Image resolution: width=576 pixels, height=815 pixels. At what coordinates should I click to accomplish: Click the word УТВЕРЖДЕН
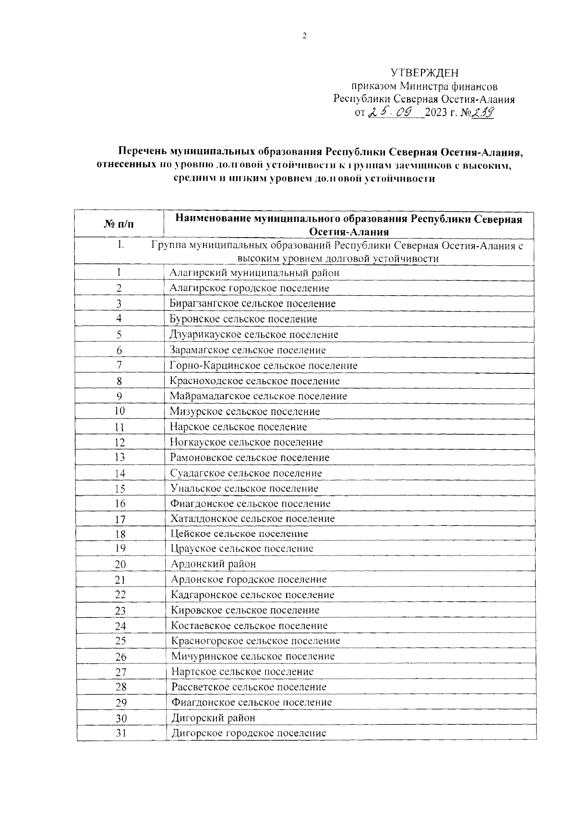coord(424,73)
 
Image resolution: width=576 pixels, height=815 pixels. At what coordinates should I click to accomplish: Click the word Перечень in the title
coord(143,152)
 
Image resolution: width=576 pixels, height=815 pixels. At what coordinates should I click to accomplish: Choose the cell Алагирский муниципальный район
coord(254,273)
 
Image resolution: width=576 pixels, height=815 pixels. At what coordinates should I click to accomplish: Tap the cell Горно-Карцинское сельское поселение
coord(264,366)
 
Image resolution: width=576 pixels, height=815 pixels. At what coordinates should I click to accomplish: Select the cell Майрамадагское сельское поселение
coord(258,396)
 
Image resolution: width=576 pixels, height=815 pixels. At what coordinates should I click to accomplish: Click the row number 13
coord(120,458)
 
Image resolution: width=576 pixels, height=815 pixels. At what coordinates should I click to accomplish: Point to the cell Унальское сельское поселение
coord(244,489)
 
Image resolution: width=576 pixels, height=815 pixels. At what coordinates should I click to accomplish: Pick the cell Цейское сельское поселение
coord(240,534)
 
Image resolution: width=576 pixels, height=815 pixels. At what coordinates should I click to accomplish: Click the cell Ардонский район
coord(214,564)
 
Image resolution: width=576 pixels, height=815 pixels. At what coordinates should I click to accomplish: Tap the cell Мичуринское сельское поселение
coord(253,657)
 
